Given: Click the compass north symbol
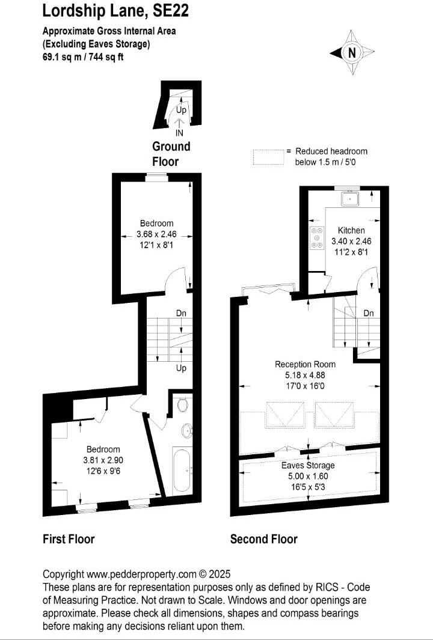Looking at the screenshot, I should [x=352, y=53].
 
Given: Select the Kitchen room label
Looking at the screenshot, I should [x=351, y=230].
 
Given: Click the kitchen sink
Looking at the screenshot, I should [x=349, y=198].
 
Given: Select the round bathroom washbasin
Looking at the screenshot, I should [x=186, y=430].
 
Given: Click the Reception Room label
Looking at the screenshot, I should [x=305, y=364].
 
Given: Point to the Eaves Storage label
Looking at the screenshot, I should [x=308, y=465].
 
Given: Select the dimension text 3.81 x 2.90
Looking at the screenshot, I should [x=103, y=460].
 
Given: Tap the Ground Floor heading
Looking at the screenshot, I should [x=171, y=154].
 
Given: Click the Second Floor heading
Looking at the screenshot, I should [x=263, y=539].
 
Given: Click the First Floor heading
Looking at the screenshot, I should [x=69, y=539].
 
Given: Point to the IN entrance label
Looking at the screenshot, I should [x=179, y=133].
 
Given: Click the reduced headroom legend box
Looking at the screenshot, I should [x=268, y=157].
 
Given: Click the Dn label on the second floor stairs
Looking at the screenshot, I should [x=369, y=313].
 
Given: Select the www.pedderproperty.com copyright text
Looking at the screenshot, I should [x=137, y=574].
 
